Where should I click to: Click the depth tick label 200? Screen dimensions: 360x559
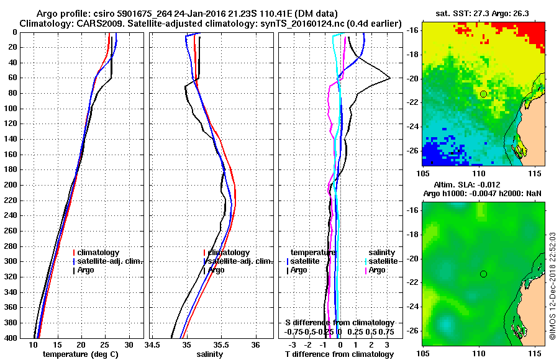tap(10, 185)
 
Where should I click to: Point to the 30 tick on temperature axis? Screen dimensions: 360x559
tap(129, 344)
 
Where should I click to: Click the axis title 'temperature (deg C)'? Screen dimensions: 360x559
tap(81, 354)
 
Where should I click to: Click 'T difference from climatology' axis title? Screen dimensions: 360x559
tap(339, 354)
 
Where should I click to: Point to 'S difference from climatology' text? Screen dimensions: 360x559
tap(340, 323)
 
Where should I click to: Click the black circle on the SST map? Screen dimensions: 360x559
tap(483, 94)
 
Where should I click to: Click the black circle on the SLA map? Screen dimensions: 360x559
tap(483, 274)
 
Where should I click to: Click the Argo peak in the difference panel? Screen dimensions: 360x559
tap(389, 78)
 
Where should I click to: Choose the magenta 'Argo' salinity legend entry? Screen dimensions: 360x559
tap(378, 270)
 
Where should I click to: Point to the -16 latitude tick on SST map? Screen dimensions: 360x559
tap(411, 30)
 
